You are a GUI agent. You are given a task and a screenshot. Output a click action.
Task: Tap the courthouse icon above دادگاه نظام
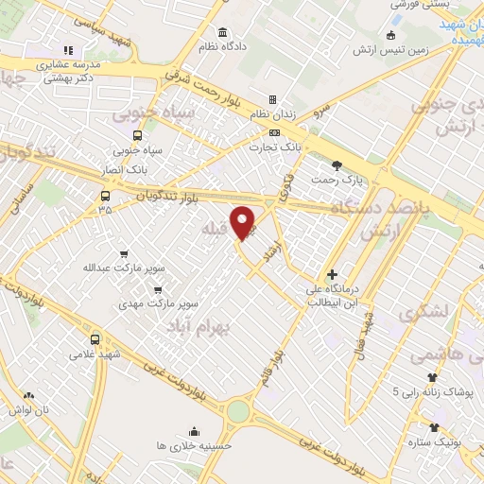coord(222,31)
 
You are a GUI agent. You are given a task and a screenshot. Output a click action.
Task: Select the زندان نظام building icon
coord(272,99)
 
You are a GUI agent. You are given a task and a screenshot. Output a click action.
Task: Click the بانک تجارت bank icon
coord(274,133)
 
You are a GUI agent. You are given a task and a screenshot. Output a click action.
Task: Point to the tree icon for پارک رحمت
coord(337,165)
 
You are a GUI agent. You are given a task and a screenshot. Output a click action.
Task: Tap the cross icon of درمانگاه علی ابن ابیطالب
coord(332,274)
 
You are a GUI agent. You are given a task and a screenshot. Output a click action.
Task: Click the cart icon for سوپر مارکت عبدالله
coord(124,254)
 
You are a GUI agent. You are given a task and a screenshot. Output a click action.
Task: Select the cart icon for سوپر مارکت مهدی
coord(158,290)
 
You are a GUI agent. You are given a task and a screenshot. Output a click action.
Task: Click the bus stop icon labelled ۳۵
coord(104,197)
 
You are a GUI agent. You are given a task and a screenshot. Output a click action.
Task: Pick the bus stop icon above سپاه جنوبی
coord(138,135)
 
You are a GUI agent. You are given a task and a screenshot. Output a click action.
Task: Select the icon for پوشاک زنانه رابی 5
coord(432,377)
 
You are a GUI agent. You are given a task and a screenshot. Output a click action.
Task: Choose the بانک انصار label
coord(125,170)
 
